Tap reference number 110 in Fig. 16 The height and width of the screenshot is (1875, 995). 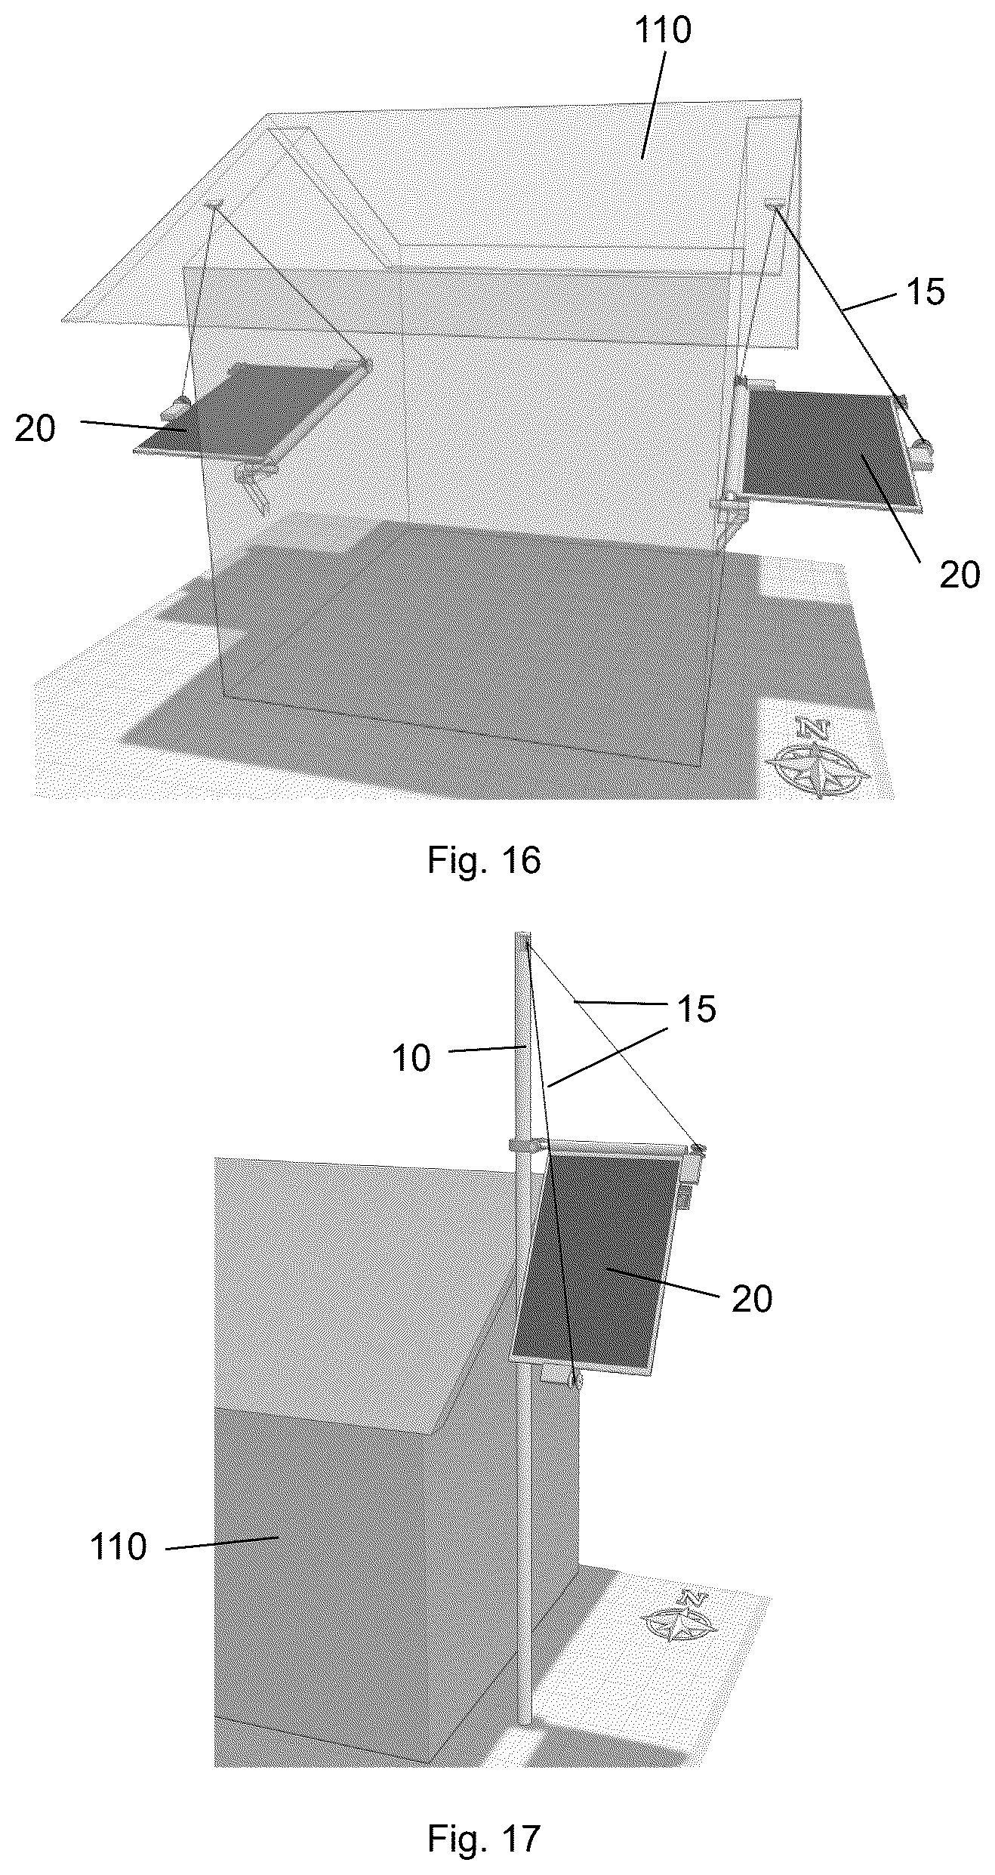662,31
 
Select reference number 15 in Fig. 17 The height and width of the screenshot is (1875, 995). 697,1009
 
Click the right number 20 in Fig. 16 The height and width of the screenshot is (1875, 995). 960,575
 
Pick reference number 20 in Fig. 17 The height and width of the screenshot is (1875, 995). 752,1300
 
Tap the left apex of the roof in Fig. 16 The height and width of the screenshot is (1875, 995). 267,115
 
